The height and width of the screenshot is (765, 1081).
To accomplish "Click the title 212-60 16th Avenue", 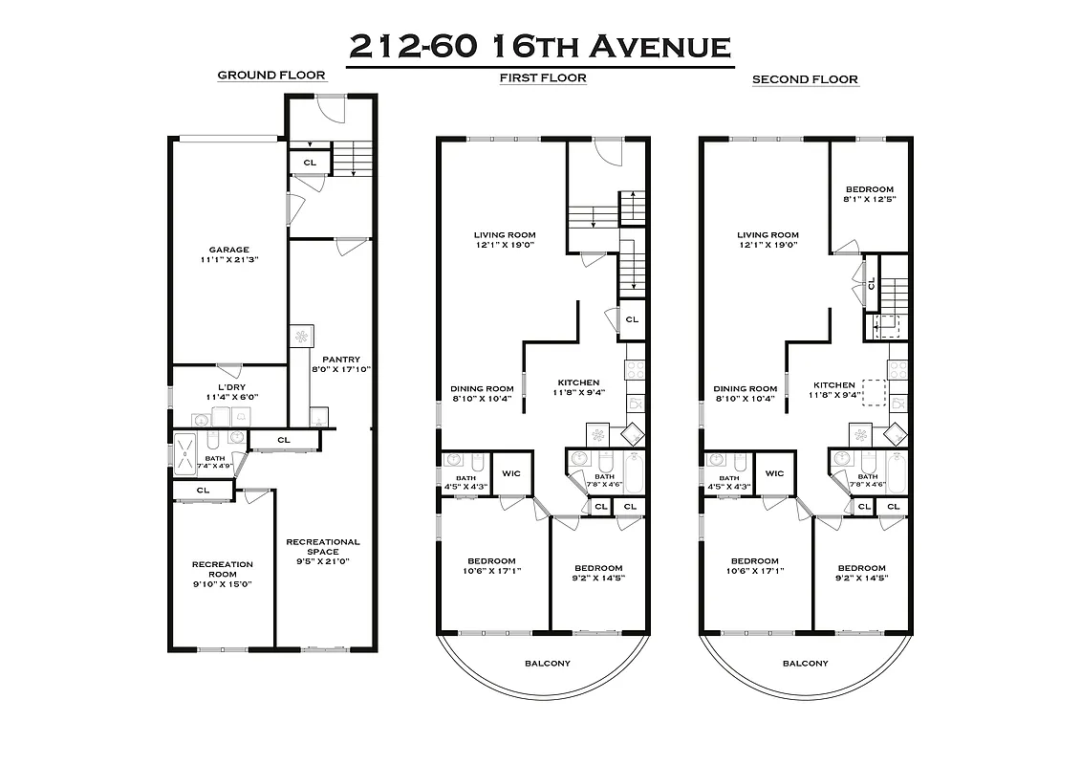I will (x=540, y=46).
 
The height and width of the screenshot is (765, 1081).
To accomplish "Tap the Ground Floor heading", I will (x=270, y=75).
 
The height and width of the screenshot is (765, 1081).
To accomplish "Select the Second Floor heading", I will (x=805, y=79).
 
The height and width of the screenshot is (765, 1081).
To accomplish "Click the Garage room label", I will (x=229, y=250).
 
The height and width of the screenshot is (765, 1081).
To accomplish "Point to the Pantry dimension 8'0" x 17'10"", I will (x=341, y=370).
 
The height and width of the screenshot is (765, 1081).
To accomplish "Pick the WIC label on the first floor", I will (x=511, y=473).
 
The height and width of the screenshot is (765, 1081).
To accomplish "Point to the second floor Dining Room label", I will (x=746, y=388).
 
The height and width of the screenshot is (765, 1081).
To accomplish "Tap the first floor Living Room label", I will (x=505, y=234).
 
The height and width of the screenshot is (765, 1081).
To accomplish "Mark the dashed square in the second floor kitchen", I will (x=875, y=394).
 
